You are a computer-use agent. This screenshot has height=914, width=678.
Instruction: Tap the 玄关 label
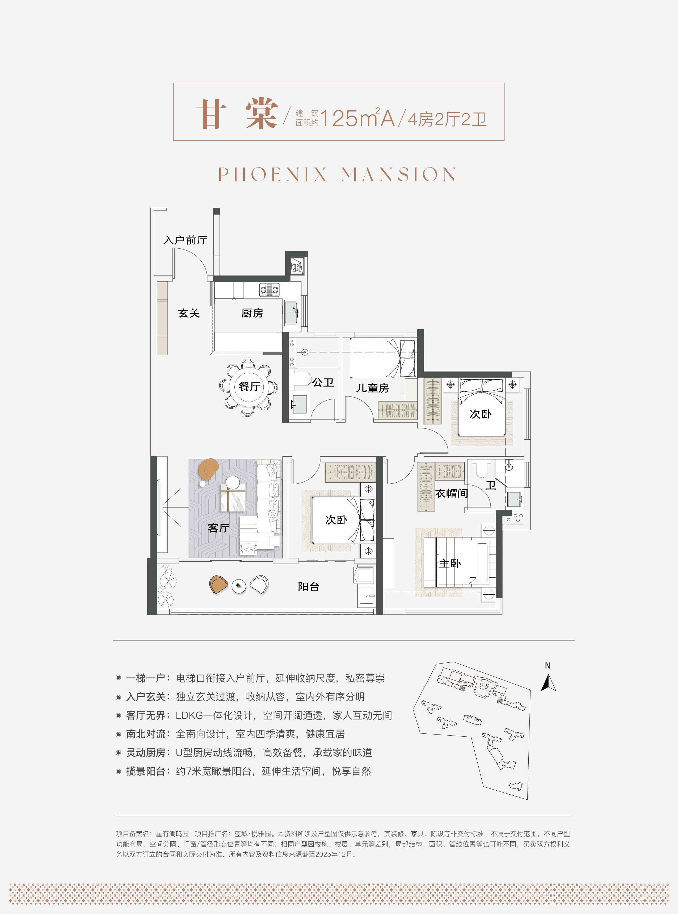click(x=189, y=313)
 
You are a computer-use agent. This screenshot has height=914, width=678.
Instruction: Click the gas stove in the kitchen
click(x=269, y=290)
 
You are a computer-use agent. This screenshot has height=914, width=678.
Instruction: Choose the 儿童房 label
click(x=372, y=388)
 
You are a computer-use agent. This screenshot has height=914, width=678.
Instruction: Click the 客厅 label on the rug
click(x=218, y=528)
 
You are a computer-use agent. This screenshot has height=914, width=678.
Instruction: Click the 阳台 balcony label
click(x=308, y=587)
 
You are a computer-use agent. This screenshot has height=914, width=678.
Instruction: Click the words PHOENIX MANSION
click(x=337, y=174)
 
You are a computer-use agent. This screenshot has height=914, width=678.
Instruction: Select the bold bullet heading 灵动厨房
click(x=146, y=753)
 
